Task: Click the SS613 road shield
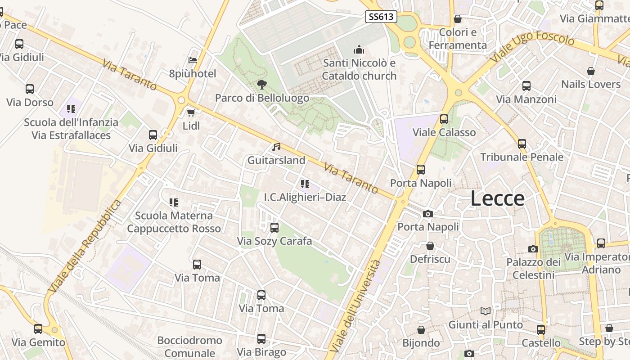[381, 17]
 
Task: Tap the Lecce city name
[498, 198]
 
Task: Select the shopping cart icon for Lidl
[191, 112]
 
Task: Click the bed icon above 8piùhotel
[193, 60]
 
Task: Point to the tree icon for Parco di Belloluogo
[261, 84]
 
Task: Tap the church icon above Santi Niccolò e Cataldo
[359, 49]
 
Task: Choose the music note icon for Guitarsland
[276, 147]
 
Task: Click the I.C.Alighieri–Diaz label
[305, 197]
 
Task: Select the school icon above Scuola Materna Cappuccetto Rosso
[173, 202]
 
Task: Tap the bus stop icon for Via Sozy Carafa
[274, 228]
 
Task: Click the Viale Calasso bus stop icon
[444, 119]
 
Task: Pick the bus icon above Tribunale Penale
[522, 144]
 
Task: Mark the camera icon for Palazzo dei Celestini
[533, 249]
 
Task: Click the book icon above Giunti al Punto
[485, 311]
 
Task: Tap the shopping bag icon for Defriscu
[430, 246]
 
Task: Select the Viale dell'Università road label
[355, 306]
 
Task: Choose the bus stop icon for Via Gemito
[38, 329]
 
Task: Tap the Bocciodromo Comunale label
[189, 346]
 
